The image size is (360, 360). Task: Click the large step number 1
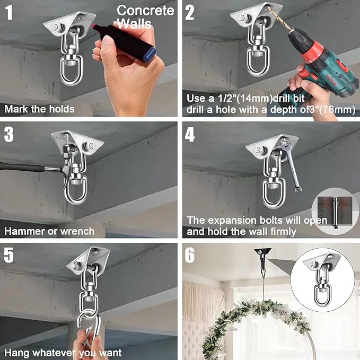click(x=9, y=12)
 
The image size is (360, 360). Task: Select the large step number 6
click(x=190, y=255)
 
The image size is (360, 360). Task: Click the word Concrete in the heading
click(x=145, y=11)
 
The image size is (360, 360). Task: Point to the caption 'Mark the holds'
click(x=39, y=109)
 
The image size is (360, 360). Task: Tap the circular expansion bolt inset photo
click(x=335, y=212)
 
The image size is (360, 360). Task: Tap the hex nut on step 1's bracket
click(x=56, y=28)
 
